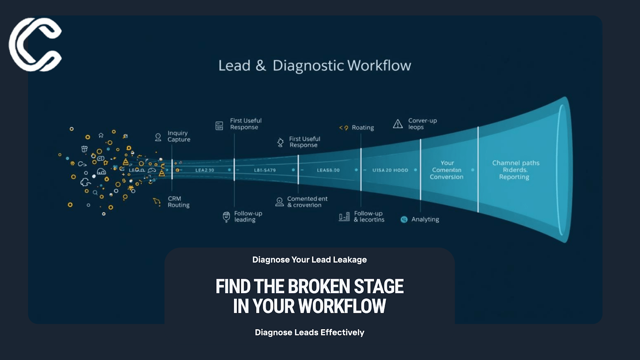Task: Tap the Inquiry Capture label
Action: pyautogui.click(x=178, y=136)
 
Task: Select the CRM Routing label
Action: pyautogui.click(x=178, y=202)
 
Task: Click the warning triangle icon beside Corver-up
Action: pyautogui.click(x=398, y=124)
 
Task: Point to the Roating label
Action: pyautogui.click(x=362, y=128)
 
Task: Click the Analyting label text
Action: pyautogui.click(x=425, y=219)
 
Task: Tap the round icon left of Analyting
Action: pyautogui.click(x=404, y=219)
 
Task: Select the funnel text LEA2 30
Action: pyautogui.click(x=205, y=170)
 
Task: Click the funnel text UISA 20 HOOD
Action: pyautogui.click(x=390, y=170)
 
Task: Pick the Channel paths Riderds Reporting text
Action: pyautogui.click(x=515, y=170)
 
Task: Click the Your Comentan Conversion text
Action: pyautogui.click(x=446, y=170)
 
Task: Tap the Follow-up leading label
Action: pyautogui.click(x=248, y=217)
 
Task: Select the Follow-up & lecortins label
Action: pyautogui.click(x=369, y=217)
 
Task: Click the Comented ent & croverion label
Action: pyautogui.click(x=307, y=202)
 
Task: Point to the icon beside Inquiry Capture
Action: pyautogui.click(x=158, y=137)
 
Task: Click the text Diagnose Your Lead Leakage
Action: pyautogui.click(x=309, y=260)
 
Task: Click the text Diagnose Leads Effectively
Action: pyautogui.click(x=309, y=332)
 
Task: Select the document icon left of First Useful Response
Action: pyautogui.click(x=219, y=125)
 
